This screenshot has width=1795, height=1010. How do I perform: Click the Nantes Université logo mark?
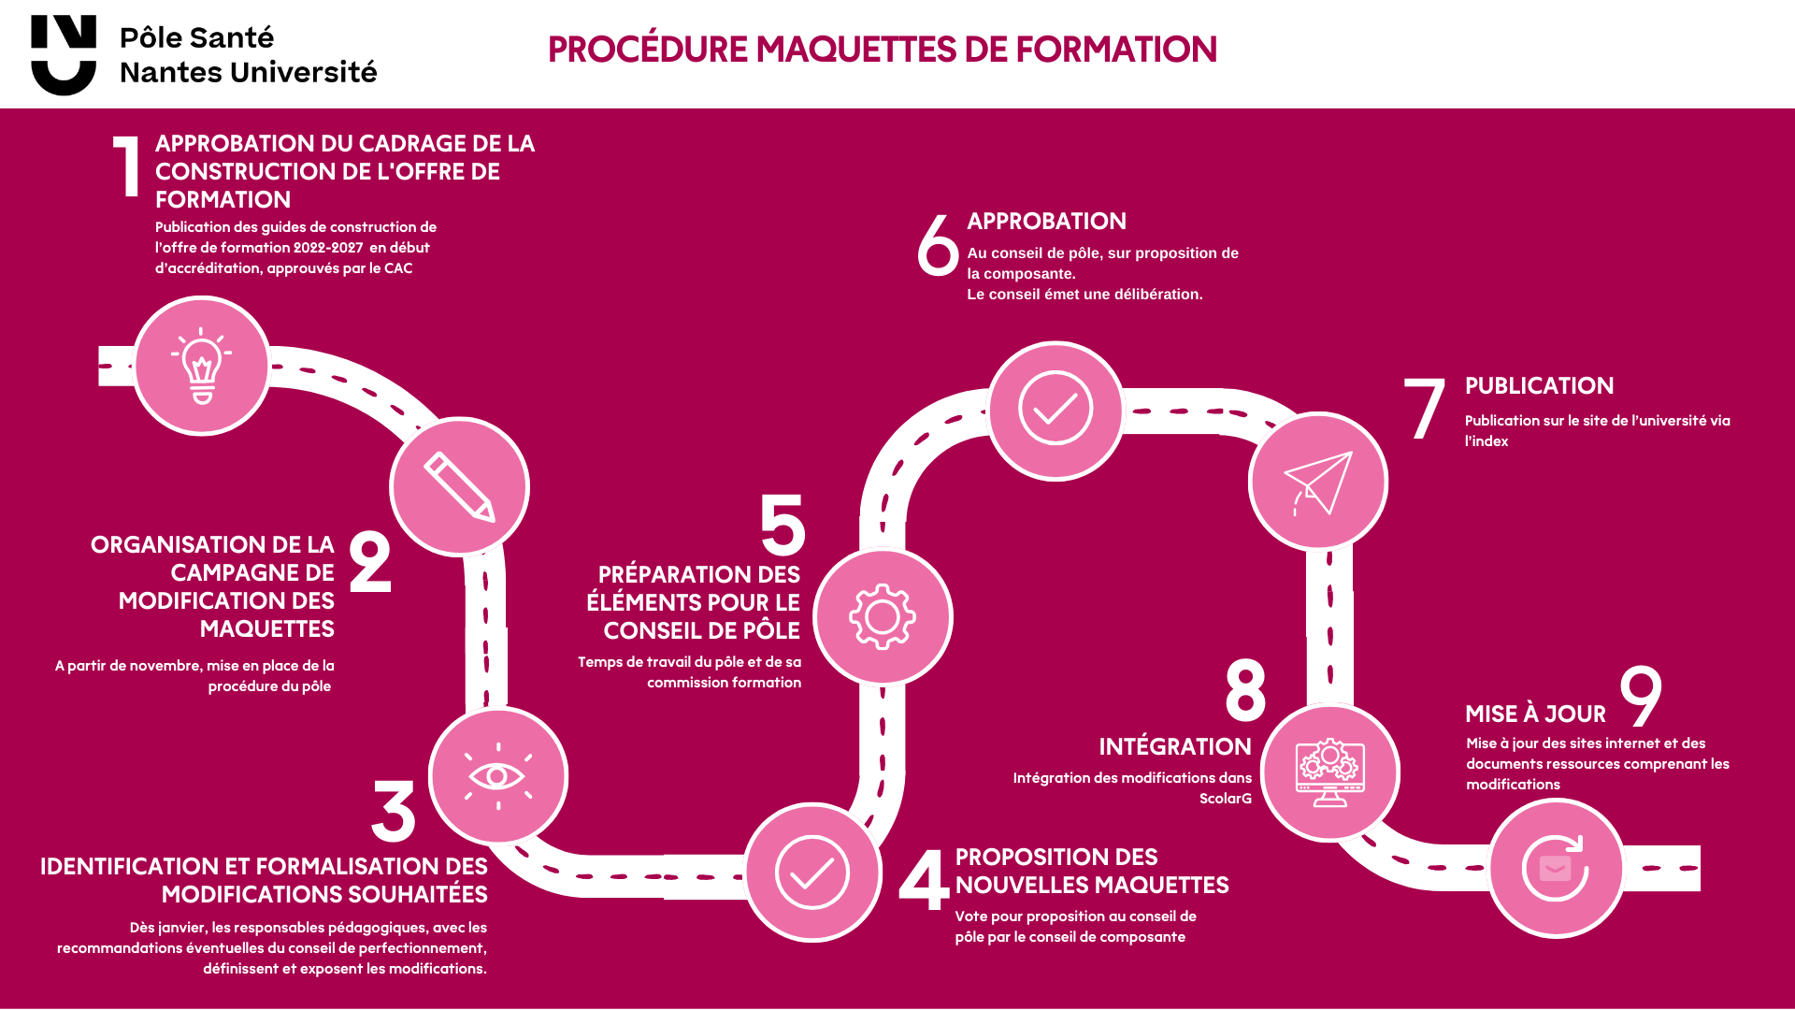click(64, 54)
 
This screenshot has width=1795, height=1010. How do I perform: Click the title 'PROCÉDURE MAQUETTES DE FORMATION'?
click(882, 50)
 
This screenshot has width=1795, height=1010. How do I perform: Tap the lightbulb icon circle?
click(202, 366)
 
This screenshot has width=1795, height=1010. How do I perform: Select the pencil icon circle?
click(459, 486)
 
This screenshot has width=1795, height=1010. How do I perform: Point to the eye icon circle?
click(498, 776)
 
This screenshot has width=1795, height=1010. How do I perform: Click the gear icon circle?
click(883, 616)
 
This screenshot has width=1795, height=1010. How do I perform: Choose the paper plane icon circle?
click(1318, 482)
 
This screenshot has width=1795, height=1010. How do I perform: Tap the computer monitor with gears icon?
click(1329, 772)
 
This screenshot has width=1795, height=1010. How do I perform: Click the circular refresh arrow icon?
click(1556, 868)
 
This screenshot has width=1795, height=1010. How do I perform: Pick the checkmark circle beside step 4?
click(812, 873)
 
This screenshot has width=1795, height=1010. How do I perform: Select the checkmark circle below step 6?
click(1055, 410)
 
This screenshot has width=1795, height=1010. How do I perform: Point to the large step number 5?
click(783, 525)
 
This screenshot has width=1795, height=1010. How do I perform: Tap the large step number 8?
click(1245, 691)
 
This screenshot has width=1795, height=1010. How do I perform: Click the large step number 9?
click(1641, 695)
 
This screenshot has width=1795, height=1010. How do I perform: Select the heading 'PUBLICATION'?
click(1539, 386)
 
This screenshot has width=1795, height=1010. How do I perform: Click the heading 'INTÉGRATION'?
click(1174, 747)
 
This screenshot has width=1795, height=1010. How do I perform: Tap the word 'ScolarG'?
click(1225, 799)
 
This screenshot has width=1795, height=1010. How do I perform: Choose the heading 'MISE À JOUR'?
click(1535, 714)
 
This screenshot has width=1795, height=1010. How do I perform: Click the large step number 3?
click(394, 811)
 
